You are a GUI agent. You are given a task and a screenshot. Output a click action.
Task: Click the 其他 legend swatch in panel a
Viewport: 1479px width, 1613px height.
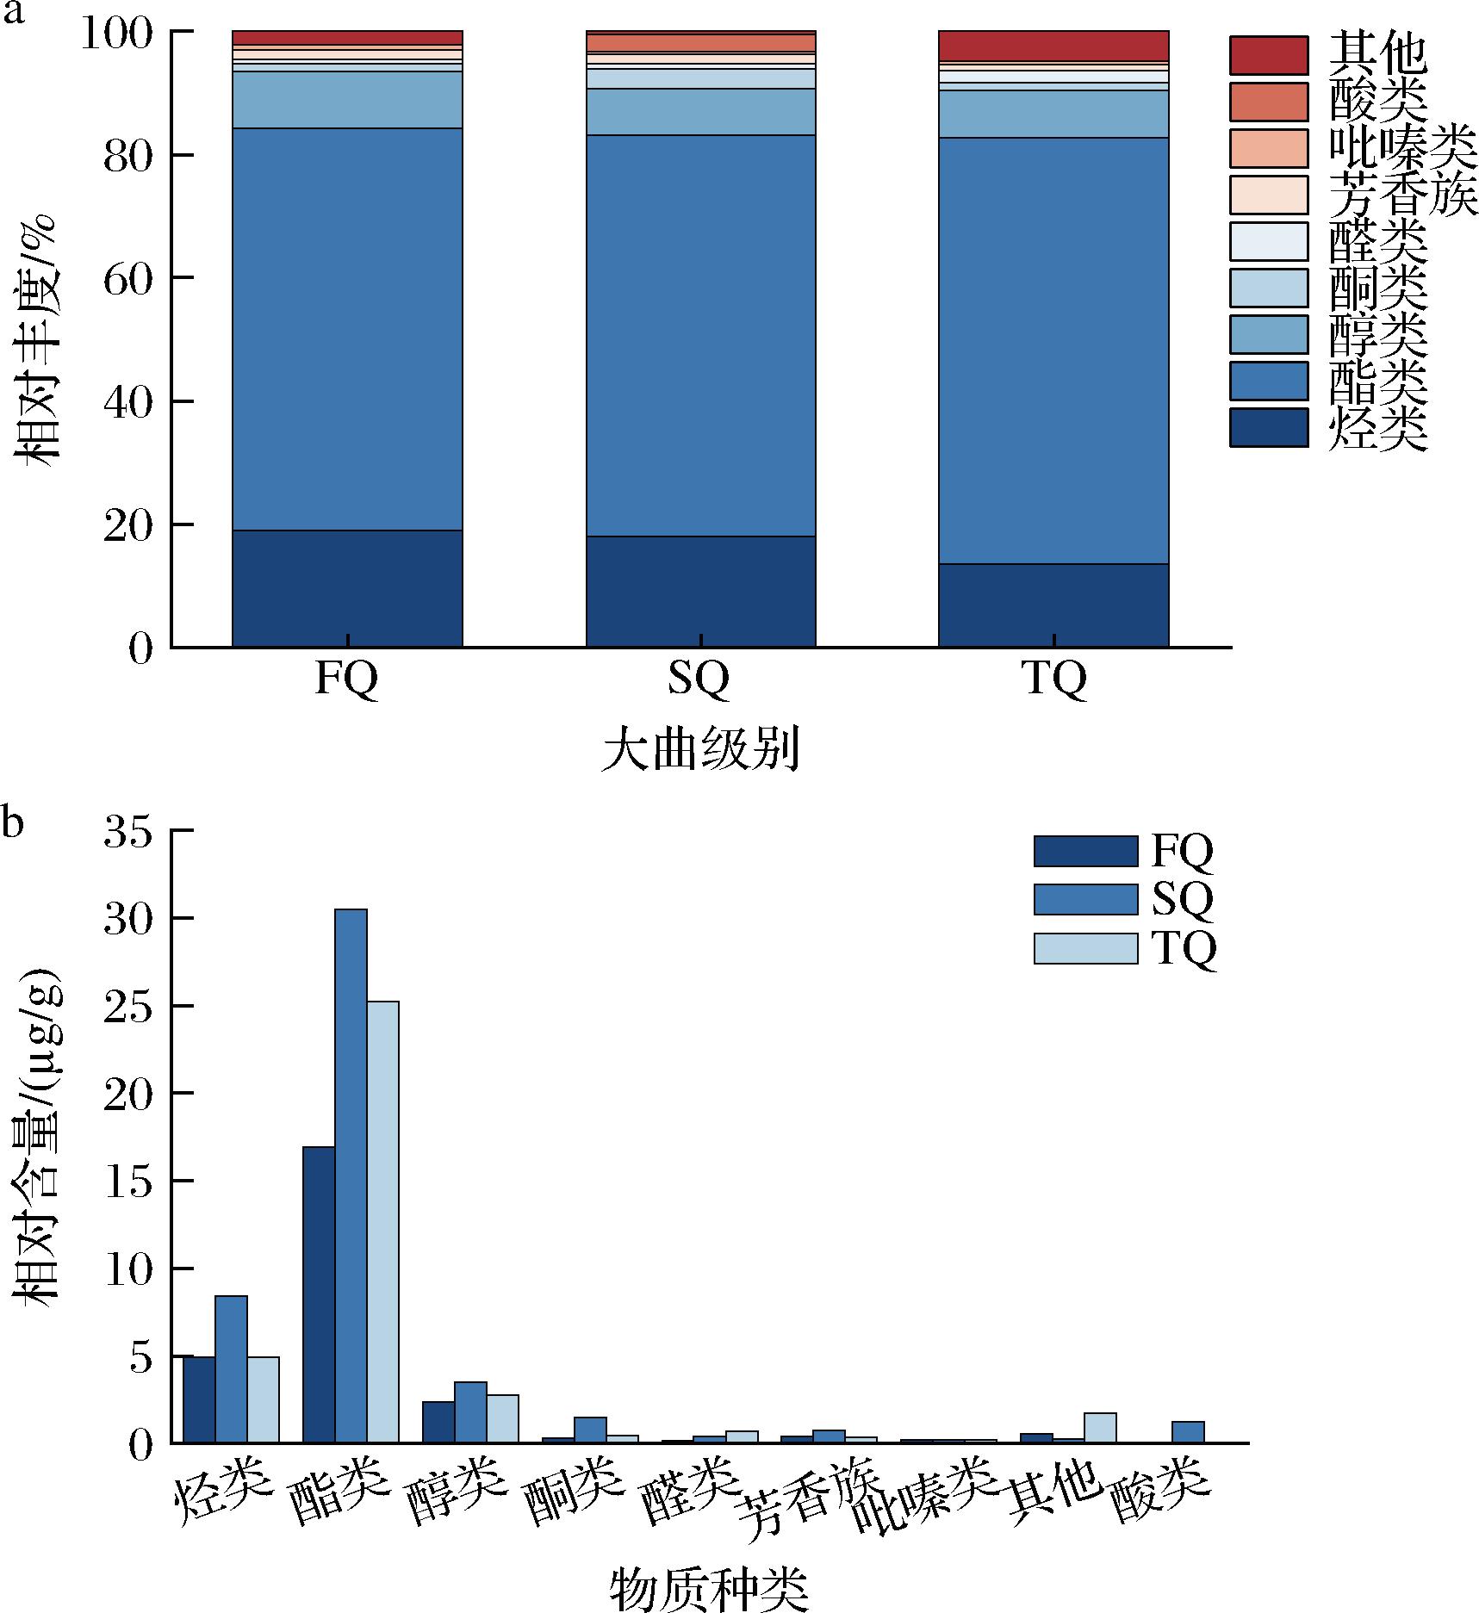pos(1268,56)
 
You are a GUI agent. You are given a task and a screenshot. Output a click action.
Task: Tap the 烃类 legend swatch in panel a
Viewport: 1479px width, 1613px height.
pos(1268,427)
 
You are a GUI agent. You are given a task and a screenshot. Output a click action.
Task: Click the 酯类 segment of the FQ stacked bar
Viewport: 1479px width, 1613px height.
pos(347,329)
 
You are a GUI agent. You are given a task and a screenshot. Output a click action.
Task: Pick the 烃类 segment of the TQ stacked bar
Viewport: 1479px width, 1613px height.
pos(1053,605)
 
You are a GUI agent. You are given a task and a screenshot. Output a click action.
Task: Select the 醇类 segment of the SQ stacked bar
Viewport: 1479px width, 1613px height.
pos(700,112)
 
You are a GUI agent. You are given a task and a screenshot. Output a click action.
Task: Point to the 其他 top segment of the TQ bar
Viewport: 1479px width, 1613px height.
pos(1053,47)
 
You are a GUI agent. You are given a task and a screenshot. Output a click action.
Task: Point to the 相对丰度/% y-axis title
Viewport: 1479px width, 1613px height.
pos(34,340)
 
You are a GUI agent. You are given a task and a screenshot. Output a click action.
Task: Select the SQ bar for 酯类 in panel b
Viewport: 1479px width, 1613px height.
pos(351,1176)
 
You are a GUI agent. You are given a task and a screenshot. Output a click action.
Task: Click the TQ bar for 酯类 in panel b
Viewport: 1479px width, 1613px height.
pos(382,1222)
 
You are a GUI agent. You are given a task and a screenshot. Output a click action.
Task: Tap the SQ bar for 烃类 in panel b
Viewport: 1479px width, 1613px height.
pos(231,1368)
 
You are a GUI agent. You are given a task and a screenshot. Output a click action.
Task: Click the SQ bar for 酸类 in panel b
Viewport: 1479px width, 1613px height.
pos(1188,1431)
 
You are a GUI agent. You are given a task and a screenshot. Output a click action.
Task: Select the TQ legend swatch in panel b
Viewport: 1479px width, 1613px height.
pos(1085,947)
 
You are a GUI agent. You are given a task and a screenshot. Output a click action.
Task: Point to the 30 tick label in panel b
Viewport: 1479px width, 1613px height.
pos(127,919)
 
